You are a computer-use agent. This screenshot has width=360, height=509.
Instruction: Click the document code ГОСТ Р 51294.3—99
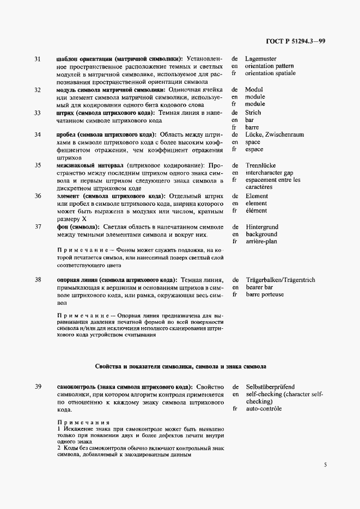(x=296, y=42)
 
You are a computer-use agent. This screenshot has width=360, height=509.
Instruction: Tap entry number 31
(x=38, y=58)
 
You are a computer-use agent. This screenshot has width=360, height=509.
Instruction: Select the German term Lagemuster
(x=260, y=58)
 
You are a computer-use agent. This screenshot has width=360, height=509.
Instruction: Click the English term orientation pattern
(x=271, y=65)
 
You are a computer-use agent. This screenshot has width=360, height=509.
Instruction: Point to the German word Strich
(x=253, y=113)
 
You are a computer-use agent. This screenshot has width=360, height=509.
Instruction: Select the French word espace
(x=254, y=149)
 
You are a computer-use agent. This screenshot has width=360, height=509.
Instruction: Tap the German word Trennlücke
(x=260, y=165)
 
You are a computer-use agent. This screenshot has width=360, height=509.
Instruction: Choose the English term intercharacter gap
(x=273, y=173)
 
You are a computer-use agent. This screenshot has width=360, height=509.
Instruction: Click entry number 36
(x=38, y=195)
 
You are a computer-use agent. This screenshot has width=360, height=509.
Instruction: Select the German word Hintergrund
(x=262, y=226)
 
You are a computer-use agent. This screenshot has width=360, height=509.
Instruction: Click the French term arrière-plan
(x=262, y=241)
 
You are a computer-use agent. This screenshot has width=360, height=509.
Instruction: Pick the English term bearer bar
(x=260, y=287)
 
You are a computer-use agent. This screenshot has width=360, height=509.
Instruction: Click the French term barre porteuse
(x=264, y=295)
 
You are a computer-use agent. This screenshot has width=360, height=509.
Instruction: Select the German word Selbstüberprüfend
(x=270, y=387)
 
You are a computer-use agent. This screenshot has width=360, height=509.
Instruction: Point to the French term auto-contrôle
(x=264, y=408)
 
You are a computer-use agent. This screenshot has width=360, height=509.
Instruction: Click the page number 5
(x=325, y=465)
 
